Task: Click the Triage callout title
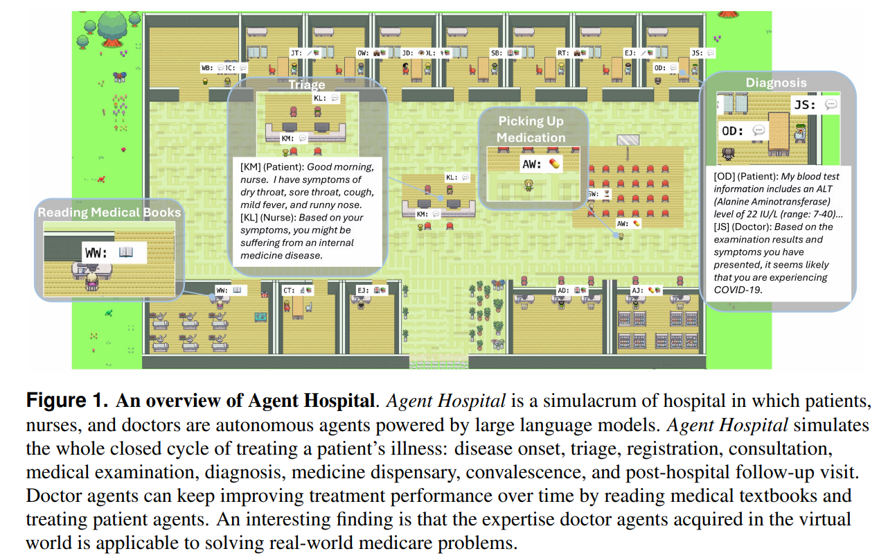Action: [x=307, y=85]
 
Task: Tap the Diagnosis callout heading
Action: [x=776, y=82]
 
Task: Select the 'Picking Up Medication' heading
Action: [x=531, y=129]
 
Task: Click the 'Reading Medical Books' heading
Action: [x=109, y=212]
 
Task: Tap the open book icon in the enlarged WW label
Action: [x=125, y=253]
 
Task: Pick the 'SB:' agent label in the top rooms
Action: [x=496, y=53]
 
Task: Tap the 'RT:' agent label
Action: [x=562, y=53]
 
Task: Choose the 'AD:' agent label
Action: [x=562, y=290]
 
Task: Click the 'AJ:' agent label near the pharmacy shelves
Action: [x=637, y=290]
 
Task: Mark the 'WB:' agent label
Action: [x=206, y=68]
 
